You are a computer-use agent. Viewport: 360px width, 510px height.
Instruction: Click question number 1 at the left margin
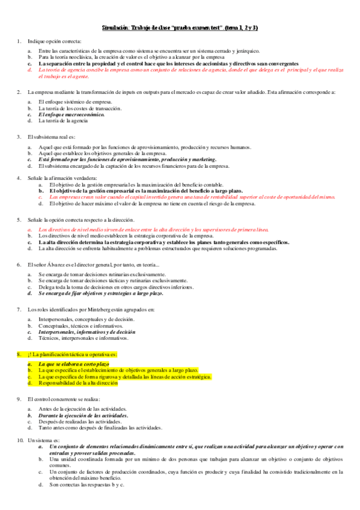(19, 40)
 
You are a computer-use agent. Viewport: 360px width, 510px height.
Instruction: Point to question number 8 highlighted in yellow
(19, 354)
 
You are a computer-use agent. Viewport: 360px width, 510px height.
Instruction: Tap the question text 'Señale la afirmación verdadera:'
(62, 178)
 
